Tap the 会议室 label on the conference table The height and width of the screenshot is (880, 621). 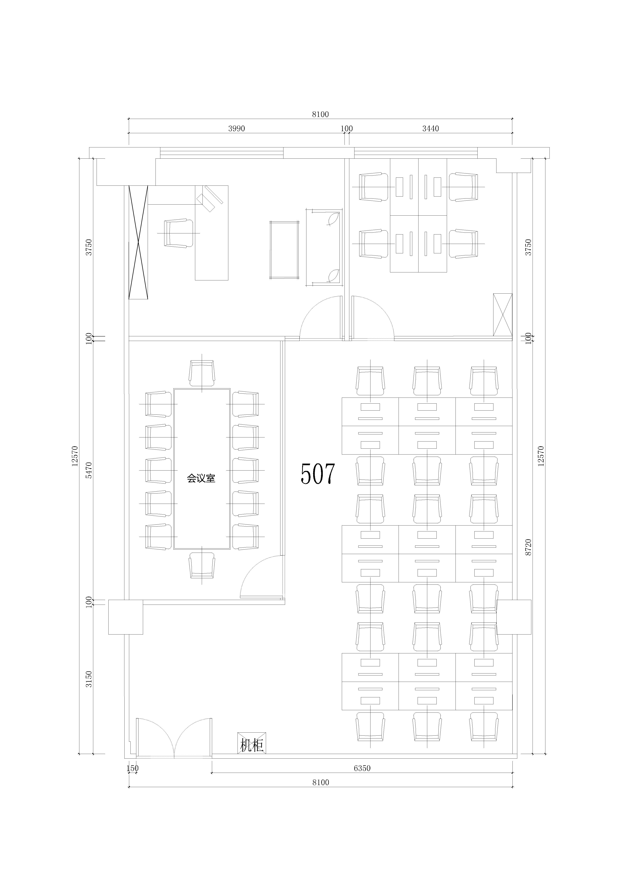coord(201,478)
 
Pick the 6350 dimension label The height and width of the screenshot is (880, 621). coord(362,768)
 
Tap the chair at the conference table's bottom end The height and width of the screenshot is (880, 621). coord(202,565)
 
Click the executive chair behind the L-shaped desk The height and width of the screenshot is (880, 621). coord(178,233)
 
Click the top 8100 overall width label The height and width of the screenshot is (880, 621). coord(320,114)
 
